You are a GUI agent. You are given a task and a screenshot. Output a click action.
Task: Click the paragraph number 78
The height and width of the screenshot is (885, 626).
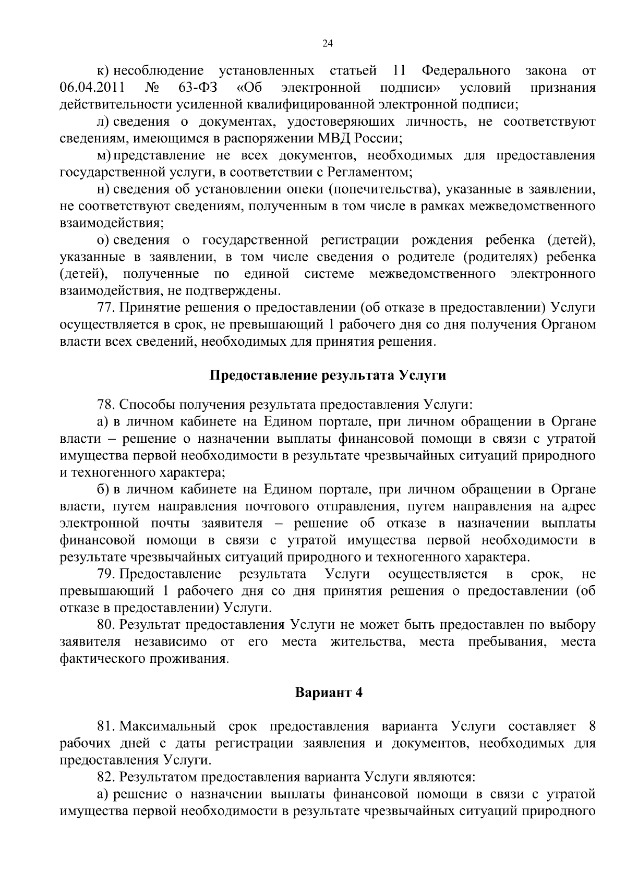pyautogui.click(x=104, y=405)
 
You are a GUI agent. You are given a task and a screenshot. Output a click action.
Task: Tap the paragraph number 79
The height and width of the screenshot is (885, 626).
pyautogui.click(x=104, y=574)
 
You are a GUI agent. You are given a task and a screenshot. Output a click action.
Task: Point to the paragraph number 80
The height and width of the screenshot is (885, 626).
pyautogui.click(x=104, y=625)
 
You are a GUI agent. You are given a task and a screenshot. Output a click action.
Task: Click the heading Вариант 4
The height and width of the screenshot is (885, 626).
pyautogui.click(x=328, y=693)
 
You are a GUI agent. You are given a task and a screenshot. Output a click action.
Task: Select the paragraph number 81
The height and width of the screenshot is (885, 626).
pyautogui.click(x=104, y=726)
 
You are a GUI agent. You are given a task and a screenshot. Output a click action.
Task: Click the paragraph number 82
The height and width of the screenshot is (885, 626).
pyautogui.click(x=104, y=777)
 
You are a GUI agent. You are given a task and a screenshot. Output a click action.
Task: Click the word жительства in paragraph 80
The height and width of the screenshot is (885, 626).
pyautogui.click(x=368, y=641)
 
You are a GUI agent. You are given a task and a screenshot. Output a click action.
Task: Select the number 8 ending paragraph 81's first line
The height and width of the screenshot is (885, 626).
pyautogui.click(x=592, y=726)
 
